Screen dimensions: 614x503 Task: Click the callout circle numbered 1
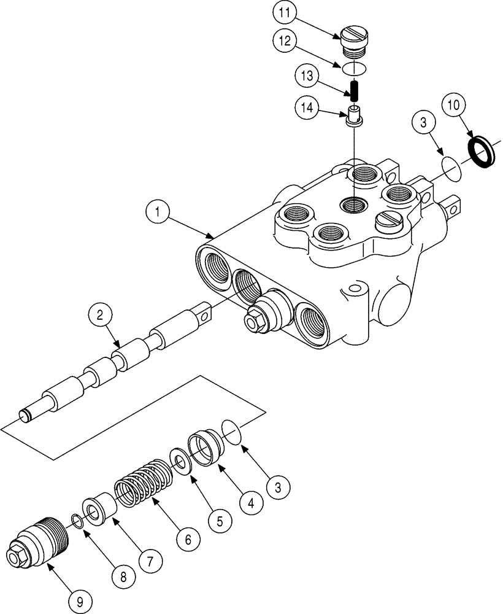pos(158,213)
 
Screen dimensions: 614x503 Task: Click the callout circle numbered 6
pos(188,540)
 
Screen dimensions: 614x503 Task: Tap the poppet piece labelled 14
pos(354,115)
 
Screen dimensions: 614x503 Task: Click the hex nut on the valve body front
pos(253,320)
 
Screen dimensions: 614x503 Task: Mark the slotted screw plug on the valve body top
pos(386,220)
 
